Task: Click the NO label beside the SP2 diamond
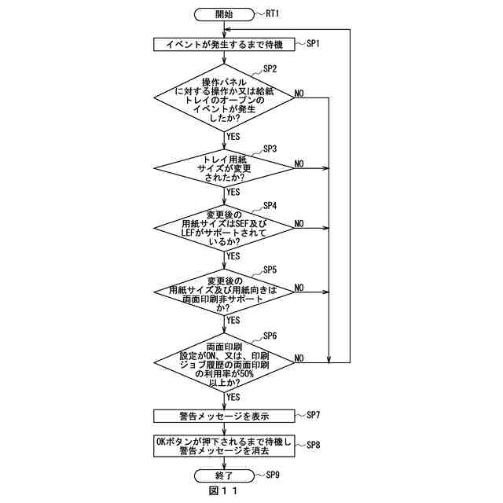coord(299,94)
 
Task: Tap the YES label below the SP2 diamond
coord(233,136)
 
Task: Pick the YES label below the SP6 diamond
coord(233,397)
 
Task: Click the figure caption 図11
coord(223,492)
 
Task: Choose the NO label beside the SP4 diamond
coord(299,224)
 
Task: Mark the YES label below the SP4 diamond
coord(233,255)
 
